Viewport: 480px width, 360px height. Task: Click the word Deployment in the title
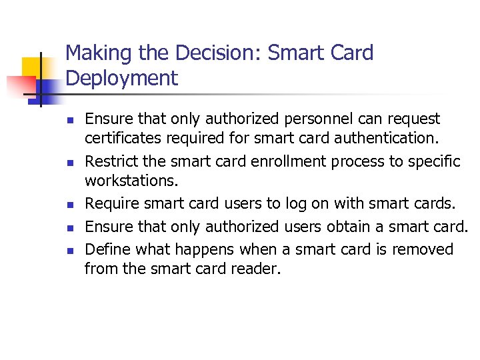(122, 78)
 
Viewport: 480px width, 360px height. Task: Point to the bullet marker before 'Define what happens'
(69, 251)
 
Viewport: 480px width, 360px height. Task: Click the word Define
(107, 249)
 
